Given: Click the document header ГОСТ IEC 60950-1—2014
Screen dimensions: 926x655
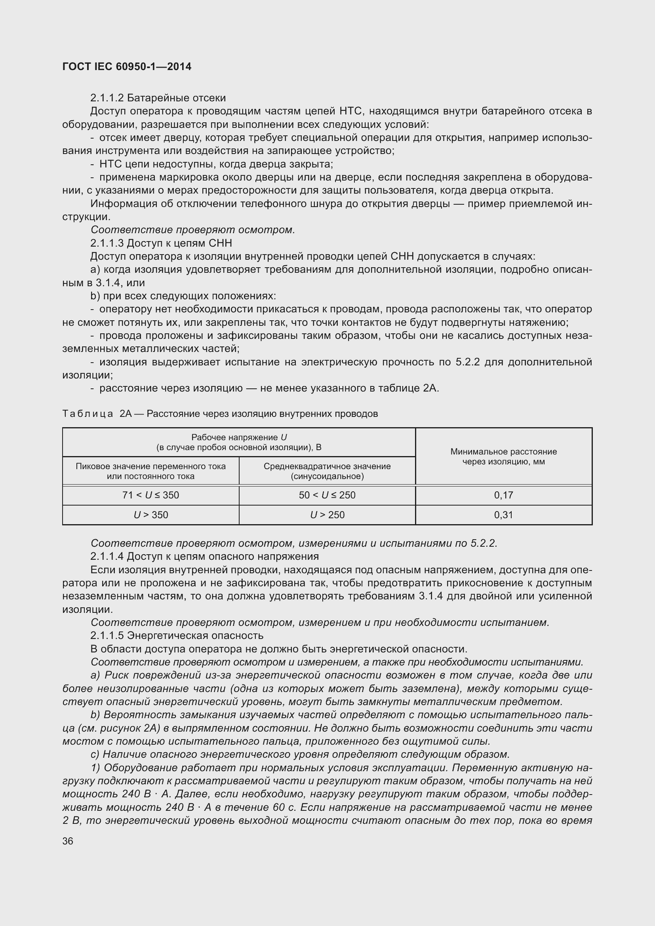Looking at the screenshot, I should point(127,67).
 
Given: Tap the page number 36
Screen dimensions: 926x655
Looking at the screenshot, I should point(68,841).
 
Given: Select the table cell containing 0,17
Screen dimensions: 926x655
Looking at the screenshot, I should point(503,495).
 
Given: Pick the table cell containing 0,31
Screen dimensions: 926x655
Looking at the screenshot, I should point(503,515).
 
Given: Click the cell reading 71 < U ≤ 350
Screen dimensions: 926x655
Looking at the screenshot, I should point(150,495).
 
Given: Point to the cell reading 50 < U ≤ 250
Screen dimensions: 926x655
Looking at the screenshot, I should point(327,495).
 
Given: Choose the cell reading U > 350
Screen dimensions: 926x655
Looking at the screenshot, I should point(150,515).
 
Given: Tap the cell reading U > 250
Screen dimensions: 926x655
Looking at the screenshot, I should point(327,515).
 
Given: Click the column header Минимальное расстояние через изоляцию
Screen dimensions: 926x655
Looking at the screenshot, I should point(503,456).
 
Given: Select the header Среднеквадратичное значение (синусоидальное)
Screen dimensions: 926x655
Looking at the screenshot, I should point(327,471).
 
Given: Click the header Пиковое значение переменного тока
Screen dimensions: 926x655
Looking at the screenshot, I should point(150,471).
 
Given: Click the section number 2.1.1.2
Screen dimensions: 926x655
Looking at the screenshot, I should point(107,98).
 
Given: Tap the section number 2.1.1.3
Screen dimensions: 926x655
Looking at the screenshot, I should point(107,243).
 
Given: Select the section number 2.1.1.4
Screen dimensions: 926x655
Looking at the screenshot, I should point(107,557).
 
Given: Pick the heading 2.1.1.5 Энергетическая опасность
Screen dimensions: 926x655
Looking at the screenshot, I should point(177,636).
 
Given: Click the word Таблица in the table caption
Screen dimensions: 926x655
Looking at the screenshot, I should point(88,414).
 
